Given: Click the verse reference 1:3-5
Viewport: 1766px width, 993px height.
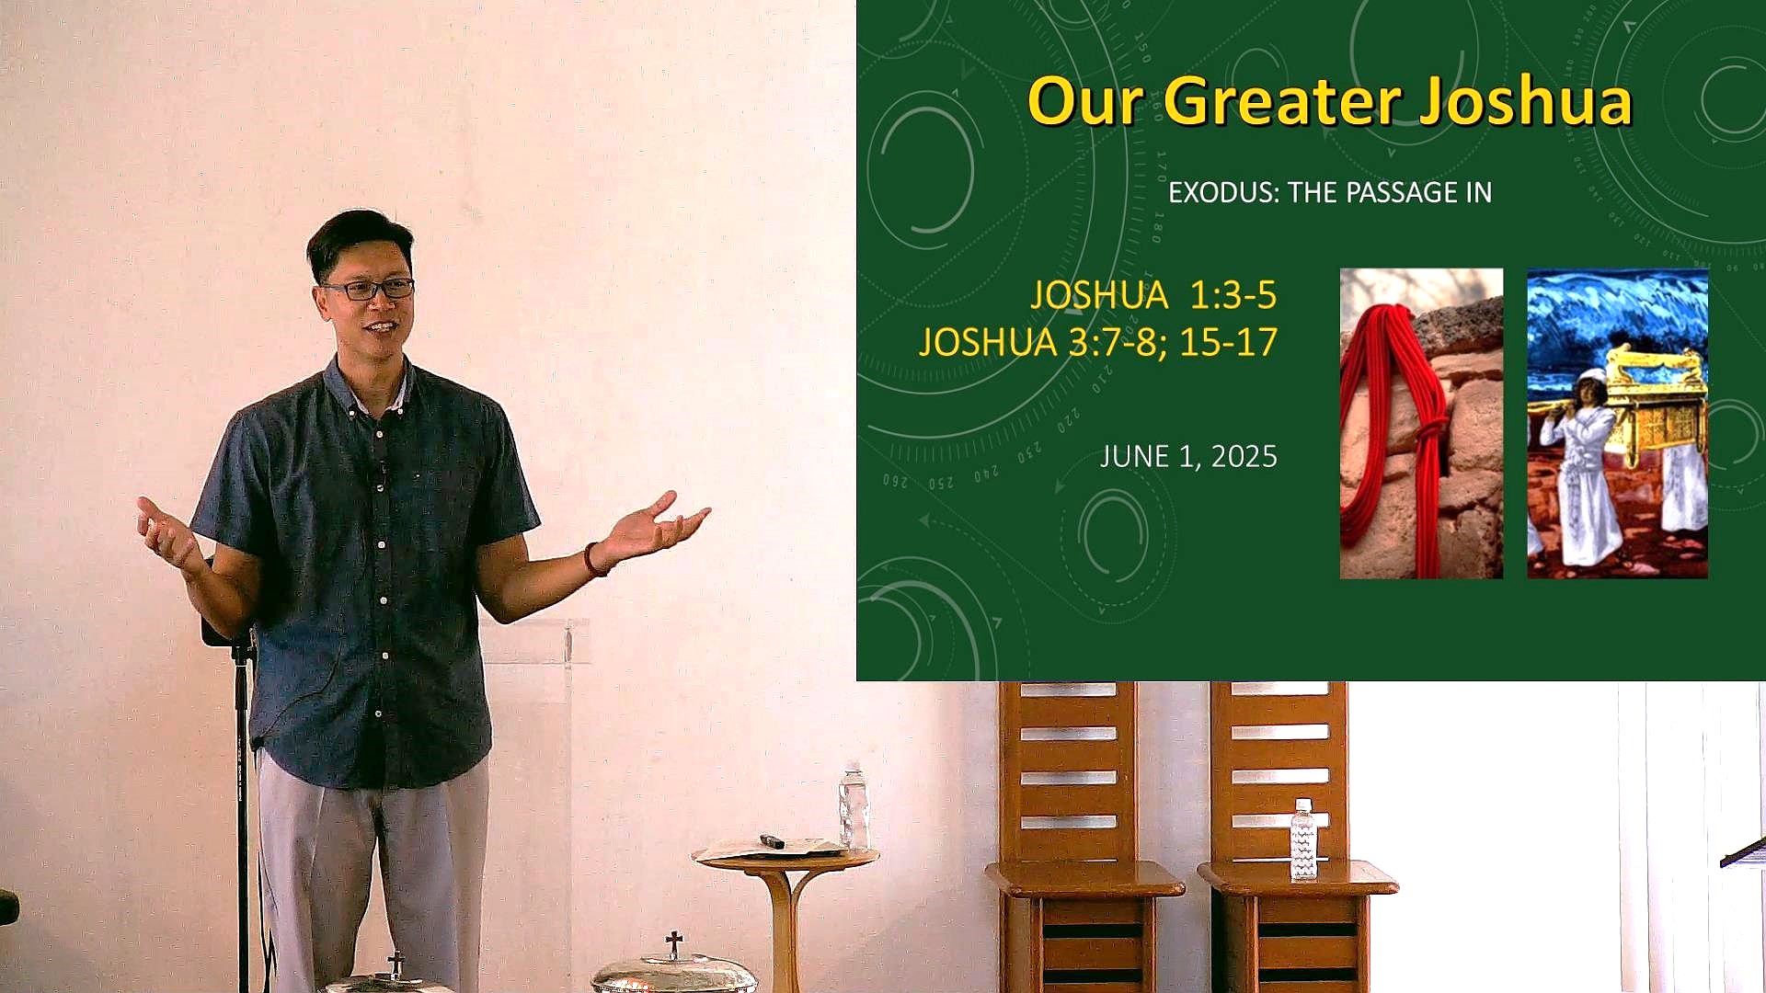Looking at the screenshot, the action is [x=1233, y=295].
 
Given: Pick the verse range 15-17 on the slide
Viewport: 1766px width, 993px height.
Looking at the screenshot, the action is [x=1229, y=342].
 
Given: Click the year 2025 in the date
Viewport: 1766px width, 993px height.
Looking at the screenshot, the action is [x=1244, y=457].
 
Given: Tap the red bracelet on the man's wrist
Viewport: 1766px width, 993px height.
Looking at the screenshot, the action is [x=593, y=559].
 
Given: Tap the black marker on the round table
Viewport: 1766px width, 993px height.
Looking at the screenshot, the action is [x=772, y=840].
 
